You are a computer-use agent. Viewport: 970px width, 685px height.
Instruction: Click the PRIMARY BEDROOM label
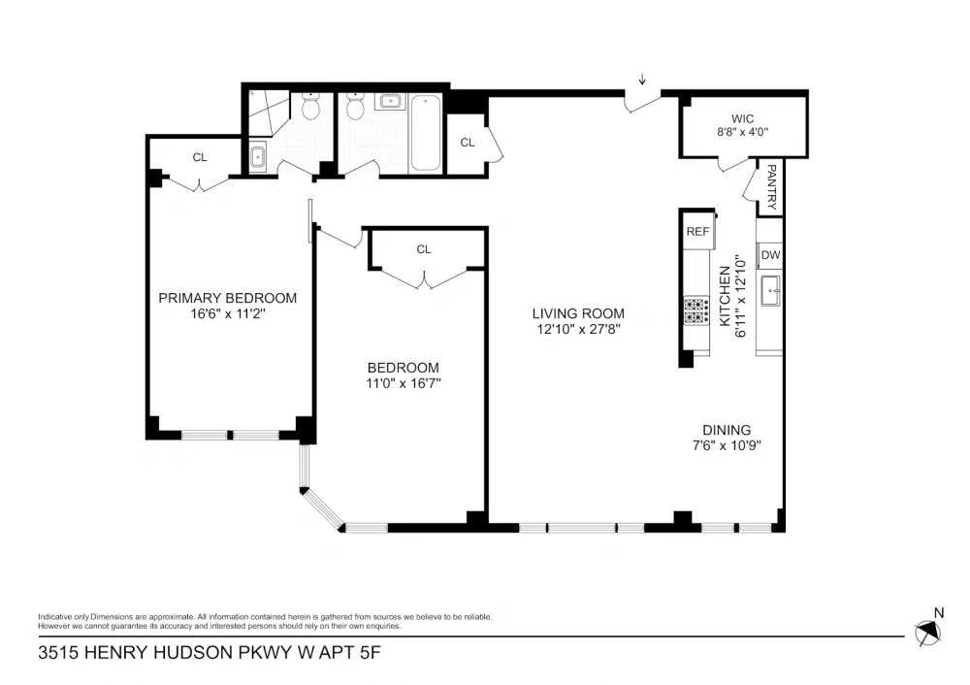coord(228,298)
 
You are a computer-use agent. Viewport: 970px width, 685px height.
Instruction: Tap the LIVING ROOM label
coord(578,313)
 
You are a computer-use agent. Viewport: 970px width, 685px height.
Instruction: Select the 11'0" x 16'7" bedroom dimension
coord(404,383)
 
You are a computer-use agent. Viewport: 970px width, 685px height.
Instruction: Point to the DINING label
coord(727,430)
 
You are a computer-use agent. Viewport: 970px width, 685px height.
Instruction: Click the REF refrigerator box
coord(697,232)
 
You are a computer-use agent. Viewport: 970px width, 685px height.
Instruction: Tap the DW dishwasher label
coord(771,255)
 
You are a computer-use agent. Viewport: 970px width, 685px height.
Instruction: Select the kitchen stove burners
coord(695,310)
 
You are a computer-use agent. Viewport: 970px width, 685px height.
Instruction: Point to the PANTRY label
coord(771,187)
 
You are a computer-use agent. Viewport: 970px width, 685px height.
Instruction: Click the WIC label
coord(742,118)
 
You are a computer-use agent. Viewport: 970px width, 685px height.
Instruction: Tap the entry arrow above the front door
coord(643,80)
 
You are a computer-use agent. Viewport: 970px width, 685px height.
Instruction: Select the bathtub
coord(426,132)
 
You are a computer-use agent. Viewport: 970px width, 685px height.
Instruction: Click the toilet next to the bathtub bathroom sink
coord(355,106)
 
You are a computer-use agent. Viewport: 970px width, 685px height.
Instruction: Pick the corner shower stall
coord(269,113)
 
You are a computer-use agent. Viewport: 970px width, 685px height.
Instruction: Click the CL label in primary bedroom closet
coord(200,158)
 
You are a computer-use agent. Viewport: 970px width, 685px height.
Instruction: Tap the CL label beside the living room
coord(468,143)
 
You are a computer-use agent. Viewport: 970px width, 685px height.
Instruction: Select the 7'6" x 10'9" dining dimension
coord(727,445)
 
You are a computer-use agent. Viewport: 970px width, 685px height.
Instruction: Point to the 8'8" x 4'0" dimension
coord(742,132)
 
